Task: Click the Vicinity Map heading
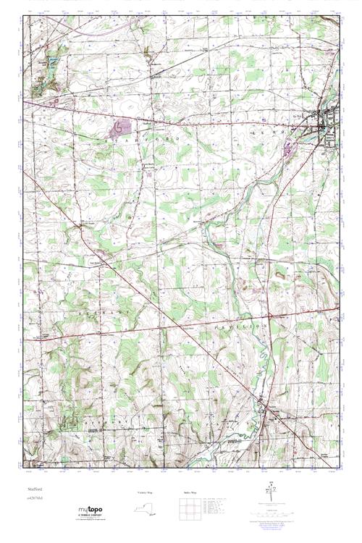point(146,492)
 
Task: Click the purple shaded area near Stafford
point(119,129)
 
